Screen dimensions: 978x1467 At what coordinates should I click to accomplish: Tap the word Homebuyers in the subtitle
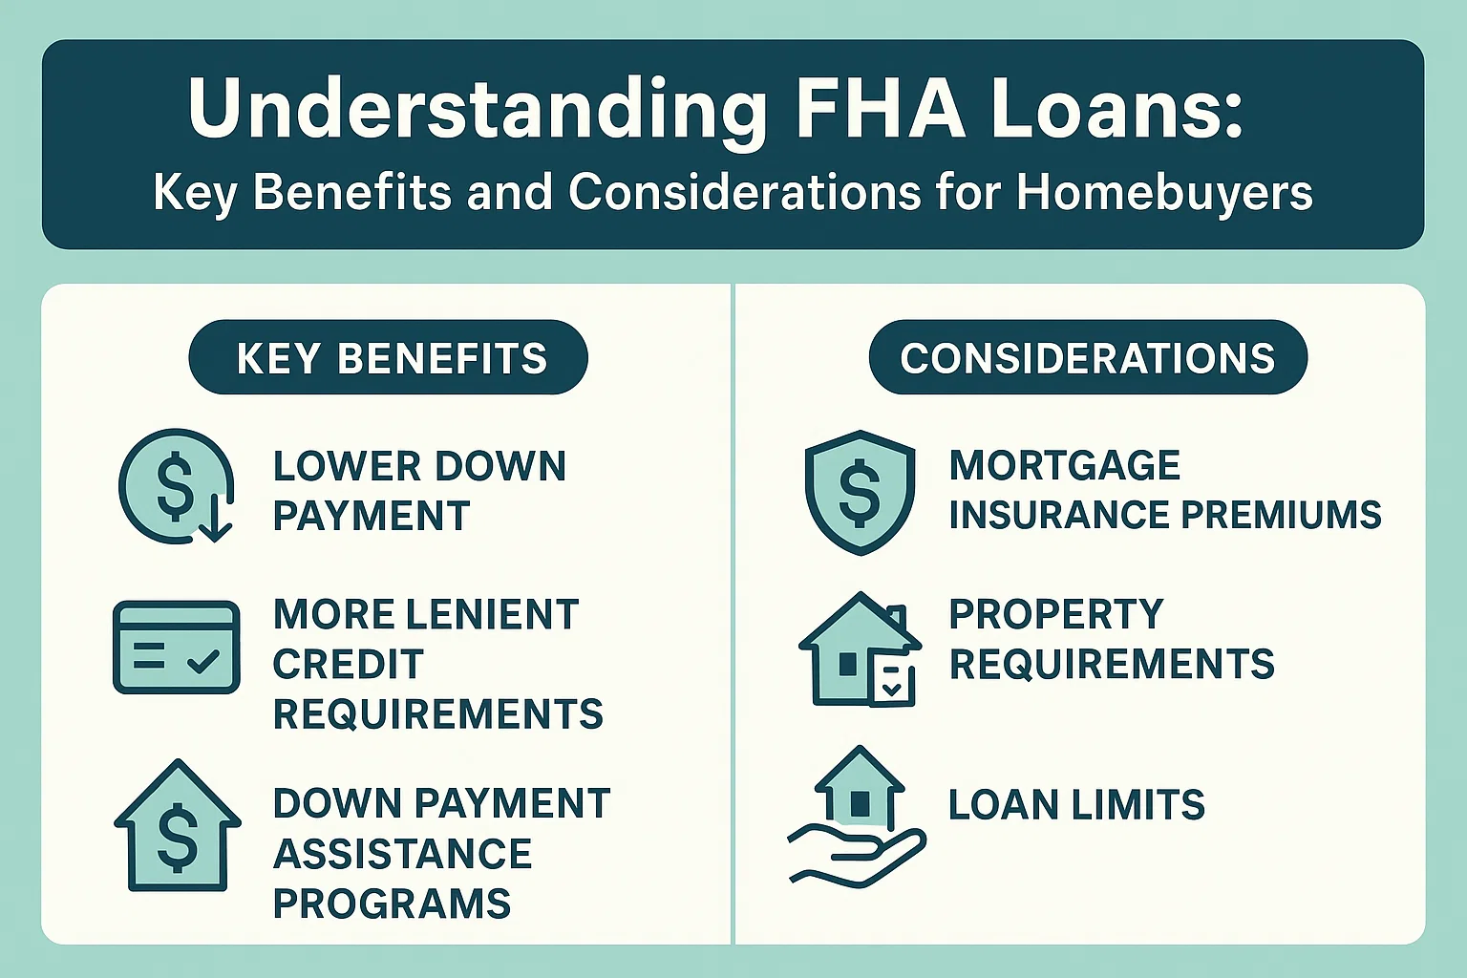click(1164, 192)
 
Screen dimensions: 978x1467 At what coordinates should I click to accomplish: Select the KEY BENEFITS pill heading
click(389, 358)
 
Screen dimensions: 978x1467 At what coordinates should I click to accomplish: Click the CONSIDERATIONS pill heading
click(1087, 358)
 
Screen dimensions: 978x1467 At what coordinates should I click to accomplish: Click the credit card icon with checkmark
click(177, 647)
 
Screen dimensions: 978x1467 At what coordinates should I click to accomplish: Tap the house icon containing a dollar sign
click(178, 827)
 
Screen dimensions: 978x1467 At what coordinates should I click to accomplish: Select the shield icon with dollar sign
click(860, 491)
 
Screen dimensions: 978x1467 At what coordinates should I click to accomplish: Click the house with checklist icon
click(860, 650)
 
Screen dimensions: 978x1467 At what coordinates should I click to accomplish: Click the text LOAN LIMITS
click(1076, 805)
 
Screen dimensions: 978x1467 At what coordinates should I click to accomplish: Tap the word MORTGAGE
click(1064, 466)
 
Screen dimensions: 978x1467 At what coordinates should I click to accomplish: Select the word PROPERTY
click(1056, 614)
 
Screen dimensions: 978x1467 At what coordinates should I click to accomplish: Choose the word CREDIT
click(348, 665)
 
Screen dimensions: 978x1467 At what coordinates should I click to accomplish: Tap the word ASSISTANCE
click(402, 854)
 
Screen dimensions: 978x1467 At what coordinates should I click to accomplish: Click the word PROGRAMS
click(392, 904)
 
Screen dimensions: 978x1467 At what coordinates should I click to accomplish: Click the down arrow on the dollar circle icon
click(217, 523)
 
